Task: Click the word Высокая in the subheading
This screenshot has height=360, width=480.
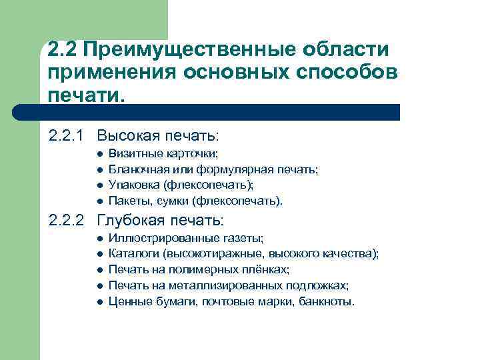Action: [124, 136]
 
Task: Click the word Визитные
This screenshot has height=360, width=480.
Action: [129, 154]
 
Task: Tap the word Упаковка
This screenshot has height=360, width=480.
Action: [130, 185]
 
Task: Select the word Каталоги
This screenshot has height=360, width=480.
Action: [130, 254]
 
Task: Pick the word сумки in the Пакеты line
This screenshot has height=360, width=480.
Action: [174, 201]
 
